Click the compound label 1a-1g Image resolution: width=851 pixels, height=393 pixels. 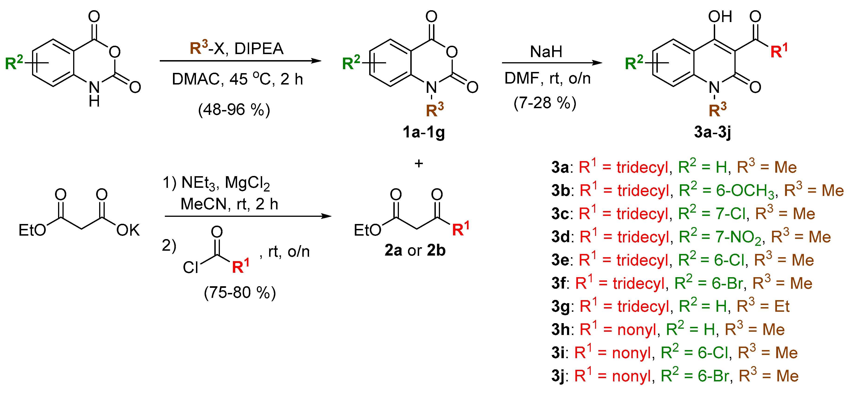click(x=424, y=132)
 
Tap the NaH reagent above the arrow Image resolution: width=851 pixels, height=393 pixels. click(x=546, y=52)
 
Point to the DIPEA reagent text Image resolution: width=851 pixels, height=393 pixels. click(x=259, y=49)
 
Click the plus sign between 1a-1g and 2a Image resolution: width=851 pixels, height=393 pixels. click(x=419, y=163)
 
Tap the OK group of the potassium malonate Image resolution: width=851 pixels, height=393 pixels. click(x=128, y=230)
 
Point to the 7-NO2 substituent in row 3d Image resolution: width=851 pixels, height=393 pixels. click(x=740, y=237)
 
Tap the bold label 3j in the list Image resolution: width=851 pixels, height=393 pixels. click(x=558, y=376)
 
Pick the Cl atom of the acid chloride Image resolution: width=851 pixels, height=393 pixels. click(x=190, y=267)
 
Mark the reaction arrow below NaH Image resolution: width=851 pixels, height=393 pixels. click(x=552, y=63)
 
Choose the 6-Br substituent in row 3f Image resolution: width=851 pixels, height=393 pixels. click(x=727, y=283)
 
